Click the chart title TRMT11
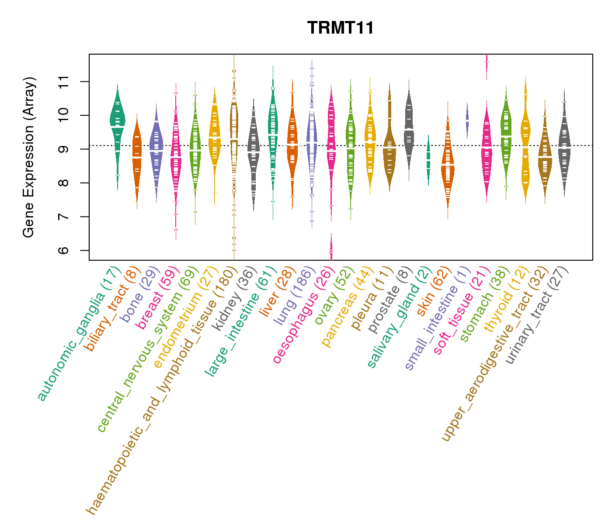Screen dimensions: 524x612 tap(341, 28)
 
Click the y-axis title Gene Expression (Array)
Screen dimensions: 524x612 tap(29, 157)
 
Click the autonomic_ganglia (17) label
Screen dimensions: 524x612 tap(79, 334)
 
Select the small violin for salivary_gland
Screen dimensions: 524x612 tap(428, 159)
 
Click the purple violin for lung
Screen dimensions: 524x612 tap(312, 144)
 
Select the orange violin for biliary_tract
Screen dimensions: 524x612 tap(137, 157)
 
